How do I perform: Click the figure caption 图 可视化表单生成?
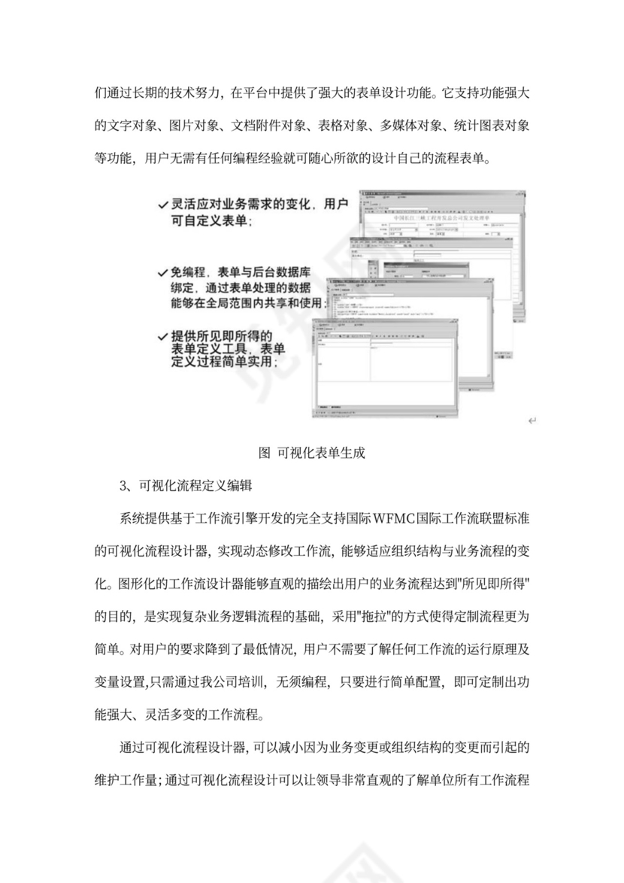311,453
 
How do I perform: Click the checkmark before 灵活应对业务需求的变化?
163,205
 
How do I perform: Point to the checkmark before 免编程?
163,272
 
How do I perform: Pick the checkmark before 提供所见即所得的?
163,335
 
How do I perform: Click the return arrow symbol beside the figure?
532,420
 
